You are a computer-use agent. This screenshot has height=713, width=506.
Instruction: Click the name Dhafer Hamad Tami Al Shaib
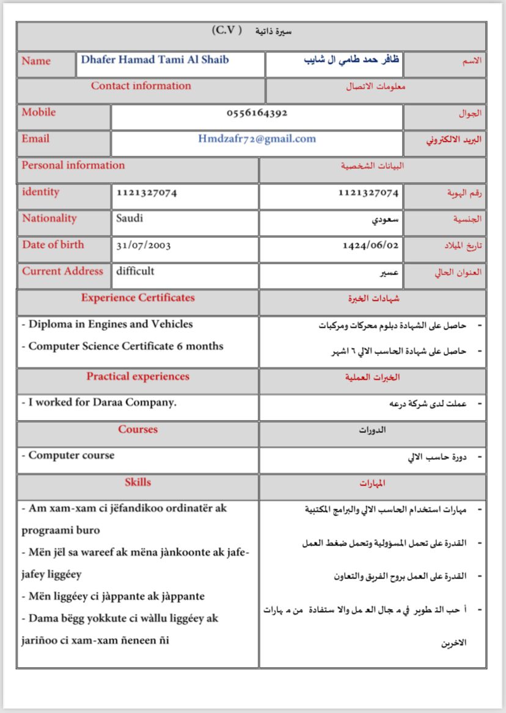tap(155, 60)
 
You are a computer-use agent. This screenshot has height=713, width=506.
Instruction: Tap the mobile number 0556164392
tap(257, 113)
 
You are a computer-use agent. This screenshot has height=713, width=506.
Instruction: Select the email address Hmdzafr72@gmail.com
tap(257, 139)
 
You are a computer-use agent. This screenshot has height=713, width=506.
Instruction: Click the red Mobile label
tap(38, 113)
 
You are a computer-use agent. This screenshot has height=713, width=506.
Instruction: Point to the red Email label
tap(35, 139)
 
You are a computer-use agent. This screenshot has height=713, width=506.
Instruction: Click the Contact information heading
tap(141, 86)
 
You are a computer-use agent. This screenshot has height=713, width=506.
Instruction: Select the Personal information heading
tap(73, 166)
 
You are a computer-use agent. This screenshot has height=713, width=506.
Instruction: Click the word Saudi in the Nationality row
tap(130, 218)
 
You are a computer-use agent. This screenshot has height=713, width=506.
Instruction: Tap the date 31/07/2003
tap(144, 245)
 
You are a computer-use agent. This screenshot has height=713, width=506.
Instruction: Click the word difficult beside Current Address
tap(135, 271)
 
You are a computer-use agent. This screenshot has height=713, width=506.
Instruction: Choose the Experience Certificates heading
tap(137, 298)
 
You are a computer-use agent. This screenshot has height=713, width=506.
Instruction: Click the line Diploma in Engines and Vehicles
tap(110, 325)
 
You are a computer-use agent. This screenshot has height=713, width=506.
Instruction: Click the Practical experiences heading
tap(137, 377)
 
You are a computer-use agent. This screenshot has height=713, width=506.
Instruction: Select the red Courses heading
tap(137, 429)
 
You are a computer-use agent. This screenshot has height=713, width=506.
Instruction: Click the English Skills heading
tap(137, 482)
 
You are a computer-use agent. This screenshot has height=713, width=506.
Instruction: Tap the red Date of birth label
tap(53, 245)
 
